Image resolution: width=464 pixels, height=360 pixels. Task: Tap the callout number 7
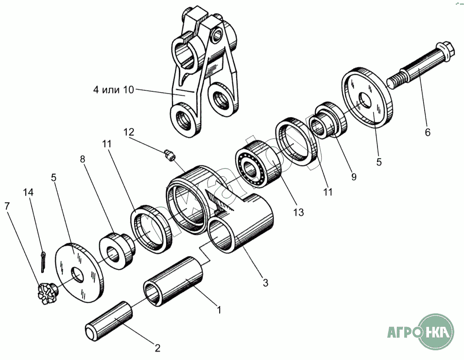pos(7,206)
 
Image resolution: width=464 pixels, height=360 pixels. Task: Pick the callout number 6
pos(427,132)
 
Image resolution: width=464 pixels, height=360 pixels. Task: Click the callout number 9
pos(354,177)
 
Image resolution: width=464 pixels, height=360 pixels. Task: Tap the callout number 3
pos(265,282)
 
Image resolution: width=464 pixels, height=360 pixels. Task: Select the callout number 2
pos(157,347)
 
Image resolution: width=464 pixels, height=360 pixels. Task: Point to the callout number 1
pos(219,309)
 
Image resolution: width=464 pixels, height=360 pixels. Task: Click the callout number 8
pos(83,158)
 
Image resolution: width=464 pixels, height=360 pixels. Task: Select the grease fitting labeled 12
pos(169,155)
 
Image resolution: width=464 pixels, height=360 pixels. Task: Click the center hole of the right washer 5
pos(364,103)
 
